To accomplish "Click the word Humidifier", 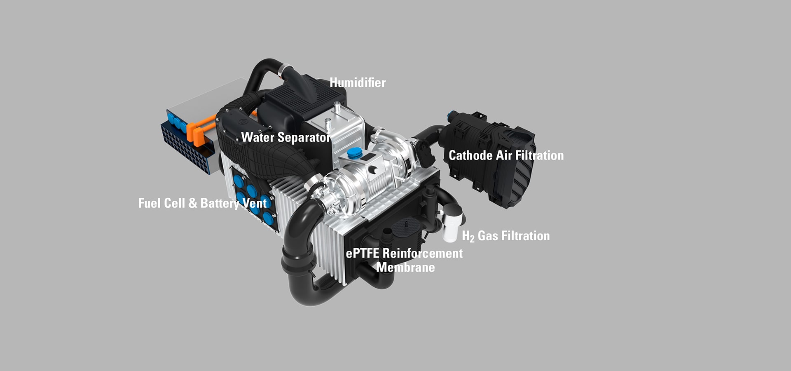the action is [x=358, y=82].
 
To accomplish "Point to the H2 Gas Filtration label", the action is [x=506, y=236].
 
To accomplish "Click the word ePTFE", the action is [x=362, y=253].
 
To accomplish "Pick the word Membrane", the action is [x=406, y=267].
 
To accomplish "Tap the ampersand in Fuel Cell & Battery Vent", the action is [x=192, y=203].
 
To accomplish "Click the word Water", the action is [x=258, y=137].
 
